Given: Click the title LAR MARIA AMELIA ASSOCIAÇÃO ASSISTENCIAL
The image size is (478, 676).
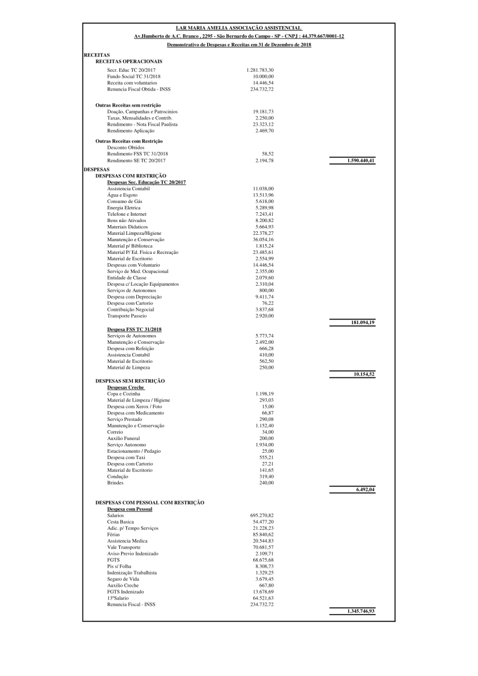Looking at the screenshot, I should pyautogui.click(x=239, y=28).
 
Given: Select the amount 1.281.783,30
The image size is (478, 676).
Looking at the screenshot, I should pyautogui.click(x=260, y=70).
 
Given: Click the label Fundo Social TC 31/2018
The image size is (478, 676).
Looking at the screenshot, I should pyautogui.click(x=134, y=76).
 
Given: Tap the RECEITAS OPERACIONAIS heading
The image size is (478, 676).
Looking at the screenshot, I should pyautogui.click(x=129, y=61).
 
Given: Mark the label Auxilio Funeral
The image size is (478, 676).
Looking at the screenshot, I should pyautogui.click(x=123, y=438).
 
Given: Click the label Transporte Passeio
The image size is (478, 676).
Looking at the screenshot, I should pyautogui.click(x=127, y=316).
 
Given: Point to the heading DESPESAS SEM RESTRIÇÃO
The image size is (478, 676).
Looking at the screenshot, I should pyautogui.click(x=130, y=380).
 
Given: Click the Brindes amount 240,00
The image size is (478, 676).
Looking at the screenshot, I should pyautogui.click(x=266, y=483).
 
